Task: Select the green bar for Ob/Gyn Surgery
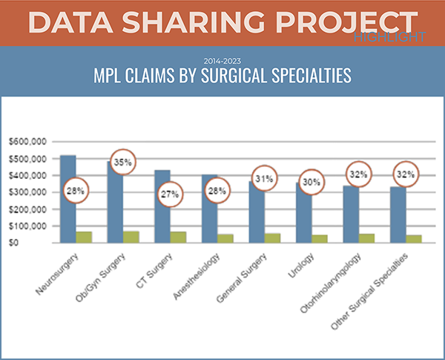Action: coord(131,237)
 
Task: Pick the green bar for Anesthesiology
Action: coord(225,238)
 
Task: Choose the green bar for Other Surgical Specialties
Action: coord(414,238)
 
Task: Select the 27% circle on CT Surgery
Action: coord(169,197)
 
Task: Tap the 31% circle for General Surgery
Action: coord(264,179)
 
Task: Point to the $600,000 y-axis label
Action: coord(27,142)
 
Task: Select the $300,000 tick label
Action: coord(27,192)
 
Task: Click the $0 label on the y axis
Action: coord(38,243)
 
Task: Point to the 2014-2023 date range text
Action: coord(222,59)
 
